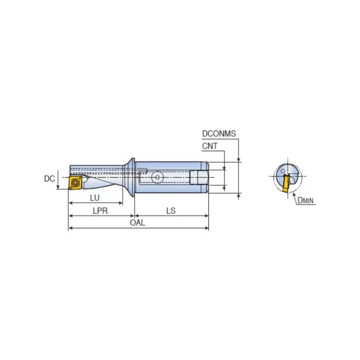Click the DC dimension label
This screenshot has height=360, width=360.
click(x=49, y=179)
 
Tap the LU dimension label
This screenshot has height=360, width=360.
click(x=94, y=198)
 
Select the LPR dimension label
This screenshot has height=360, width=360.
click(x=100, y=211)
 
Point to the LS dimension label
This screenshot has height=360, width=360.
click(x=171, y=211)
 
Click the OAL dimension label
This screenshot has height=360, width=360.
click(x=137, y=222)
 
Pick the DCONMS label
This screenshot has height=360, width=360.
click(x=219, y=133)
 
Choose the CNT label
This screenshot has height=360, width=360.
click(x=210, y=146)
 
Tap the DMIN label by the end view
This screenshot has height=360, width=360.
click(x=306, y=200)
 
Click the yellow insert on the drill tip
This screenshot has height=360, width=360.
click(x=75, y=183)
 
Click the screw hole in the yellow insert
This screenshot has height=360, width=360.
click(x=75, y=183)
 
